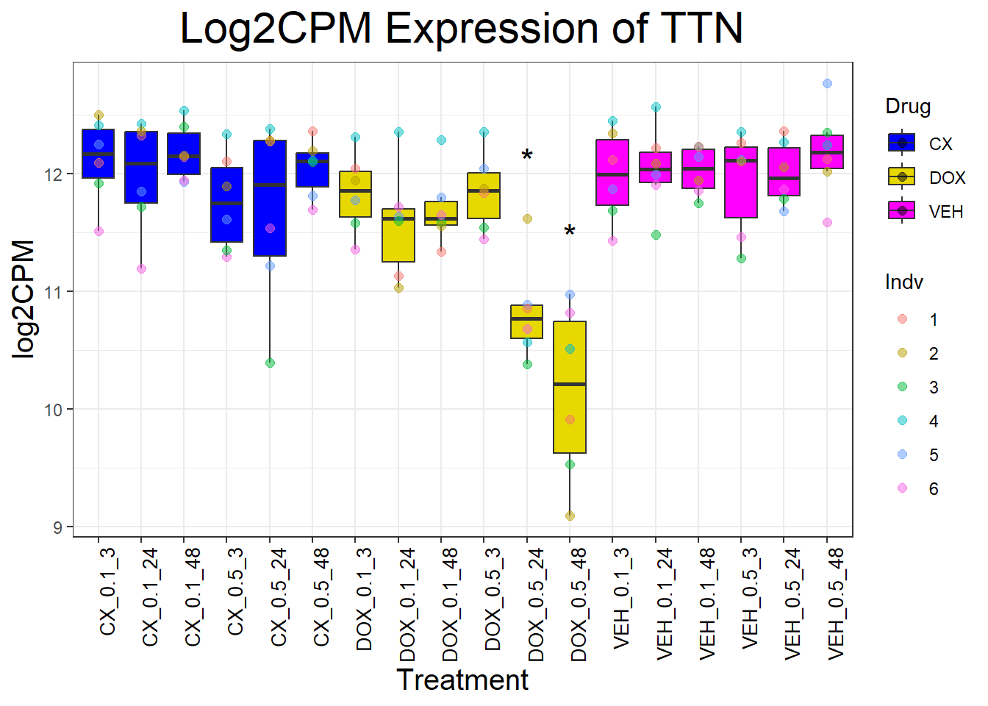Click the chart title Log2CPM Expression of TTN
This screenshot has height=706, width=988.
[461, 29]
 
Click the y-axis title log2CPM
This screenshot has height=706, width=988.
[24, 299]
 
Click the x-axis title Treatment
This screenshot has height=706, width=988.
[462, 680]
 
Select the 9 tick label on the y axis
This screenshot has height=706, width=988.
[57, 527]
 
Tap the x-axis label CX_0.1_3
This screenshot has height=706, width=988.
[107, 592]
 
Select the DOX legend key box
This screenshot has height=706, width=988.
[902, 177]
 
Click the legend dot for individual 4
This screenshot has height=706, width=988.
[903, 421]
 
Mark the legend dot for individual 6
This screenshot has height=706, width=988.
[903, 488]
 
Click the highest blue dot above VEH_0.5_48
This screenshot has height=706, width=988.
[827, 84]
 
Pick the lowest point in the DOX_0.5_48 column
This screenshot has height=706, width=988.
[570, 516]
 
